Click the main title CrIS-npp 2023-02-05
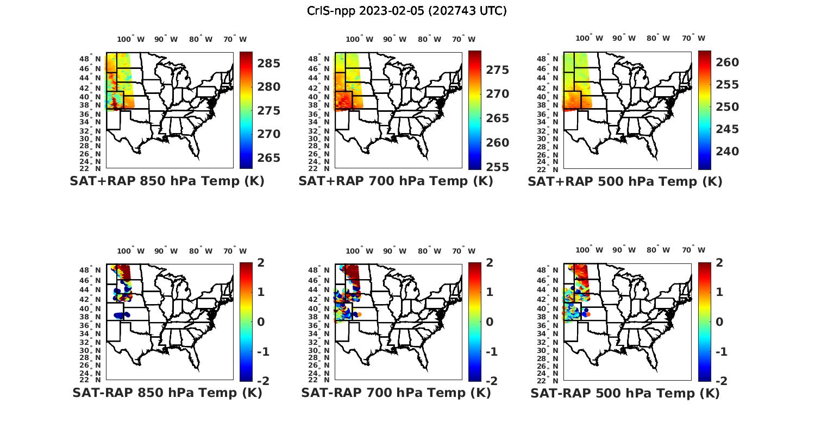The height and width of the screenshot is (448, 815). pyautogui.click(x=406, y=11)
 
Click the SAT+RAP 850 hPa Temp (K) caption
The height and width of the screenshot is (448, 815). pyautogui.click(x=167, y=181)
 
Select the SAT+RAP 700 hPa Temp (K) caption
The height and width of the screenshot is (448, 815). pyautogui.click(x=396, y=181)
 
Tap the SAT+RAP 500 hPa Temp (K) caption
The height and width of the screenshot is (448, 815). pyautogui.click(x=625, y=181)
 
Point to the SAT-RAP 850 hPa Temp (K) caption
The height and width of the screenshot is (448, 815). pyautogui.click(x=167, y=393)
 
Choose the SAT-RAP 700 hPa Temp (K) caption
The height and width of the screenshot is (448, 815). pyautogui.click(x=396, y=393)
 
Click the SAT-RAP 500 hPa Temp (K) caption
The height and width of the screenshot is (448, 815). pyautogui.click(x=625, y=393)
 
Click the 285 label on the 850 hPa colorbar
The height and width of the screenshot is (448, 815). pyautogui.click(x=268, y=64)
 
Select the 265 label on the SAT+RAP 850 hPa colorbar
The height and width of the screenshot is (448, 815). pyautogui.click(x=268, y=158)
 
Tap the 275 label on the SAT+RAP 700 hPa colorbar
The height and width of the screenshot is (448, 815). pyautogui.click(x=497, y=70)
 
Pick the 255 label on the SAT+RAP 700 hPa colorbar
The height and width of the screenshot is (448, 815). pyautogui.click(x=497, y=167)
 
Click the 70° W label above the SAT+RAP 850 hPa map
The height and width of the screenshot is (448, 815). pyautogui.click(x=235, y=39)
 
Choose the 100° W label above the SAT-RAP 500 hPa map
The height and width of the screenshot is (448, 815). pyautogui.click(x=590, y=250)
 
